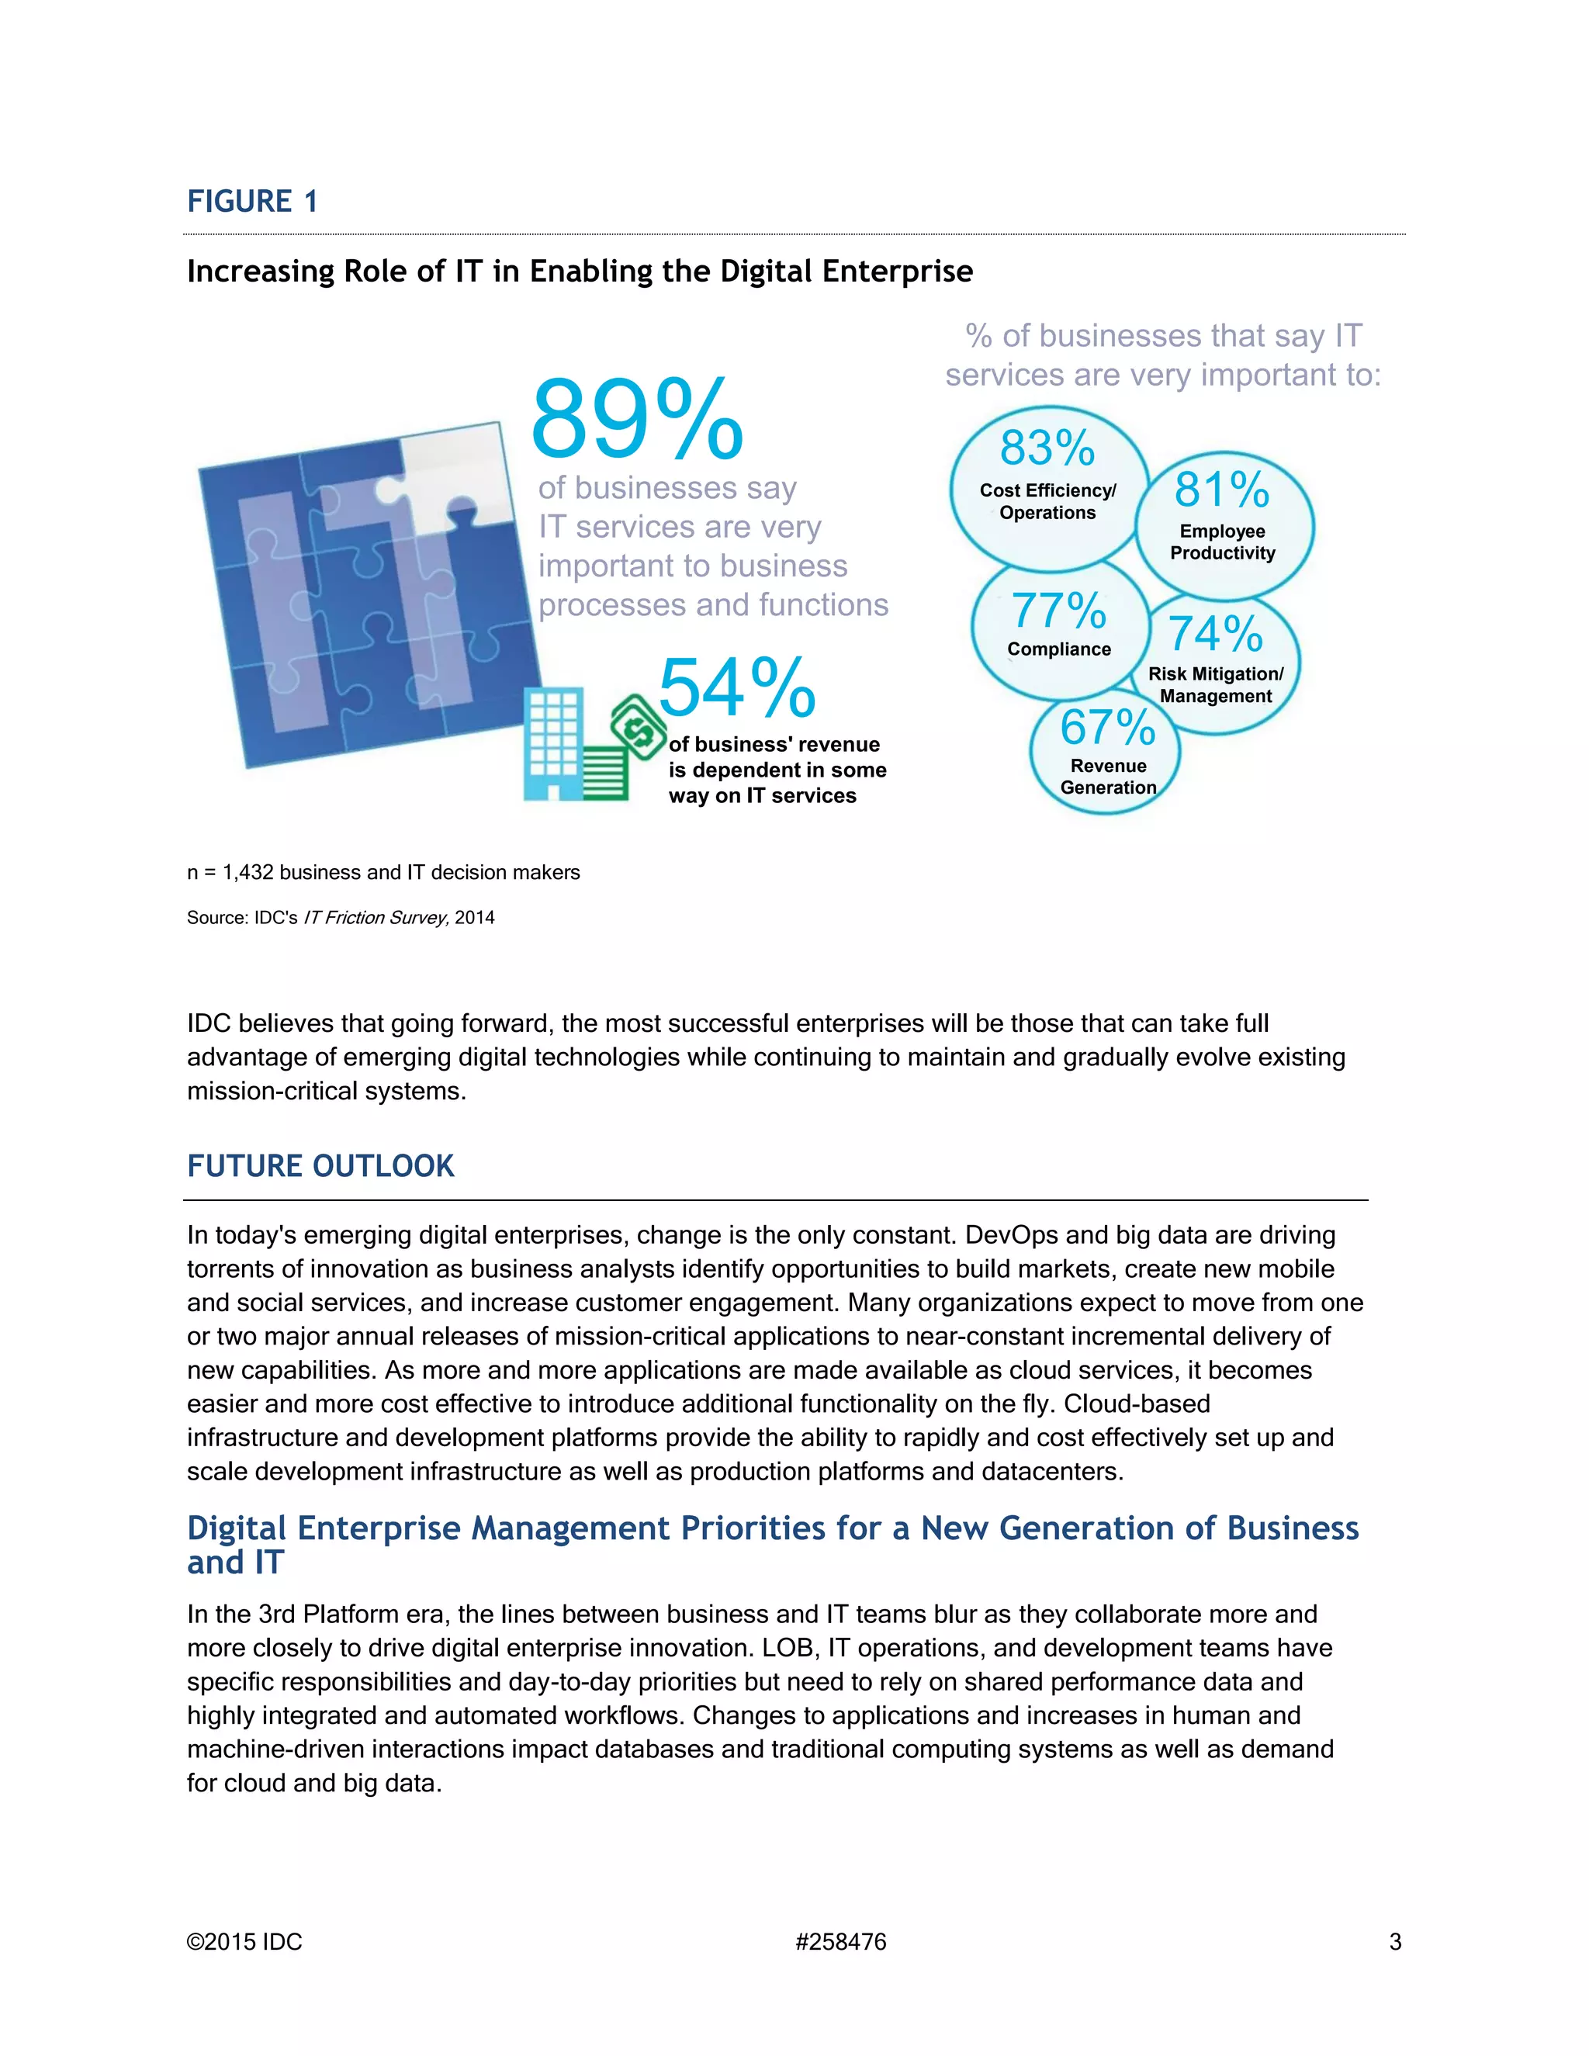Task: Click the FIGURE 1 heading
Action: point(252,202)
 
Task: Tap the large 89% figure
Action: point(636,420)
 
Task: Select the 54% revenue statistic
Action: point(736,688)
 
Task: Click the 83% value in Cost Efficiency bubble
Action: point(1047,448)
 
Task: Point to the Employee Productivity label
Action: point(1222,542)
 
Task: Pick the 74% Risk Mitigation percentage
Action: point(1214,635)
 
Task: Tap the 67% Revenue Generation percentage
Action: point(1107,728)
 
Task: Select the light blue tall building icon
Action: point(553,744)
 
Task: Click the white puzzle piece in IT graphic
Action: point(452,480)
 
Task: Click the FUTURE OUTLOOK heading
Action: point(320,1166)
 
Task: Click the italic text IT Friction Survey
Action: point(375,918)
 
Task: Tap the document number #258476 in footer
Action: point(840,1942)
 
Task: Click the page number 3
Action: point(1395,1942)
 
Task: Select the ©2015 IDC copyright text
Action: point(244,1942)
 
